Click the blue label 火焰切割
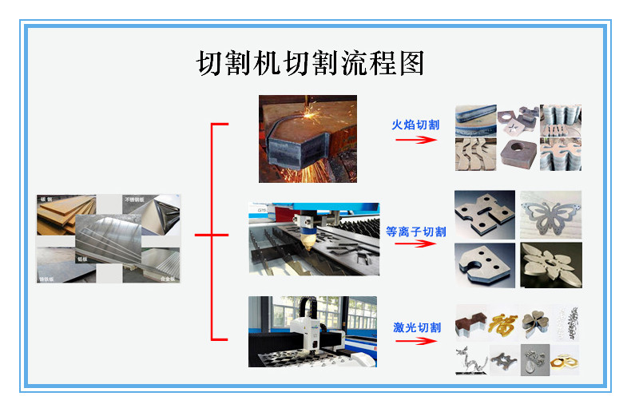(x=415, y=125)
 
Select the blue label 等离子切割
(x=415, y=232)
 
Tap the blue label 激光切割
(x=416, y=327)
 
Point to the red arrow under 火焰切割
(x=416, y=140)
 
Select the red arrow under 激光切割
(x=416, y=341)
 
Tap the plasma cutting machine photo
(x=313, y=238)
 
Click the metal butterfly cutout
(x=551, y=215)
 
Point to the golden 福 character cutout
(x=503, y=323)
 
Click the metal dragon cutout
(x=470, y=359)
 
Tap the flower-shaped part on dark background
(x=551, y=265)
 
